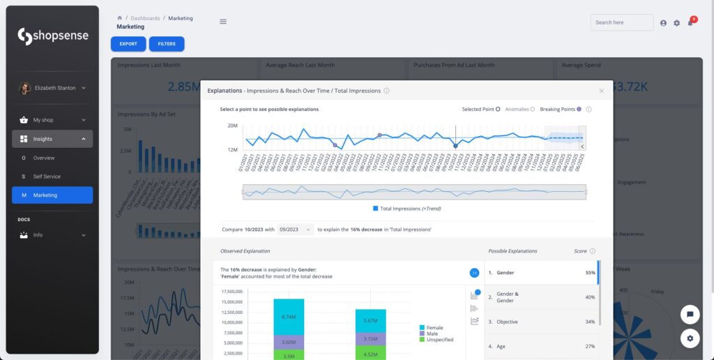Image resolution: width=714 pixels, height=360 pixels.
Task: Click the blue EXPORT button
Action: pos(128,44)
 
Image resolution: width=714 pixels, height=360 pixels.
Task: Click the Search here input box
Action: pos(621,22)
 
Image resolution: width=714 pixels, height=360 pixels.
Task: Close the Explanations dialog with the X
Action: pos(602,91)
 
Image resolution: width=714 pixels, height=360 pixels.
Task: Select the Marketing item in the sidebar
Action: pos(52,195)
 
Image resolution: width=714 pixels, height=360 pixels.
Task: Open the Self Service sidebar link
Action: pos(47,177)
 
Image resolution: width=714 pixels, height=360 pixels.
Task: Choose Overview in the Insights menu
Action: pos(44,158)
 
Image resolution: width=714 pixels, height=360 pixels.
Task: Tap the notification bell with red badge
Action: pos(690,23)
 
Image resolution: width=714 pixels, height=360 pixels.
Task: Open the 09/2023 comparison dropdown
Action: pos(295,229)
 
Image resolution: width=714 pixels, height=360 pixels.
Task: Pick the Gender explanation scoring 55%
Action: pos(540,273)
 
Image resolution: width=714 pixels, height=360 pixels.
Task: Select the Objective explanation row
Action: pos(540,322)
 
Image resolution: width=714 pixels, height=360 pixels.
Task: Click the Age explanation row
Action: pos(540,346)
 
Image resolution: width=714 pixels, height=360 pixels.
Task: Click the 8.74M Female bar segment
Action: pos(289,316)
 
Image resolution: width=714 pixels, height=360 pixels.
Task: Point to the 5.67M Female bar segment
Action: pos(370,320)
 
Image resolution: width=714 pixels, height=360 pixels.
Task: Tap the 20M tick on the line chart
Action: pos(233,126)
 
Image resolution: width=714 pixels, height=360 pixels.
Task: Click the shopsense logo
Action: pos(52,36)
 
